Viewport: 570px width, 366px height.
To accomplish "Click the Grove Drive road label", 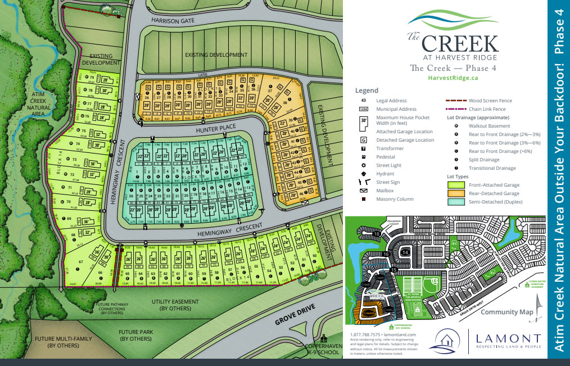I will pos(295,317).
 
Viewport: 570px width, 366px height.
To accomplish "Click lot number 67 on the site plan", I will pos(80,262).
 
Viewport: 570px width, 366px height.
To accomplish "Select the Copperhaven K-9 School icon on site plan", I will pos(324,339).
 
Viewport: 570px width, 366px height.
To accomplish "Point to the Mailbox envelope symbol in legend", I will pos(364,191).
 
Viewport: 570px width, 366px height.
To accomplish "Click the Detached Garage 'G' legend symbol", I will pos(364,140).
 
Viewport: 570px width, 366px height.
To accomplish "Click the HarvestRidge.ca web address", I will pos(453,79).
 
